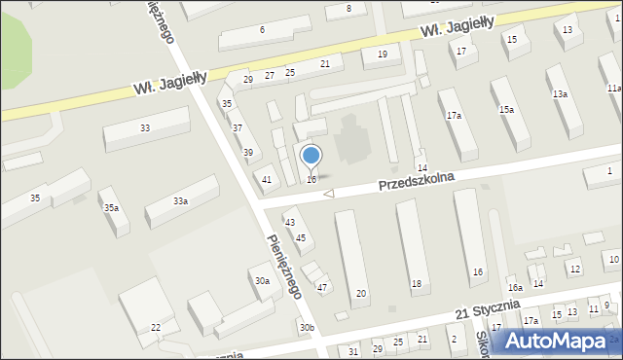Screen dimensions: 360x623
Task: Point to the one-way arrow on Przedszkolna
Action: tap(328, 194)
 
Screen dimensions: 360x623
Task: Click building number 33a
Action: tap(180, 201)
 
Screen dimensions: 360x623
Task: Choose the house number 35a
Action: tap(112, 208)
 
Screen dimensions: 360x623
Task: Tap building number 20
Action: tap(361, 293)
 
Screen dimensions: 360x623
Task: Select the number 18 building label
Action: tap(417, 283)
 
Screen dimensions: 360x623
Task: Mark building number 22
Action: tap(155, 328)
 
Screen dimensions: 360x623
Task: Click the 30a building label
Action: tap(262, 280)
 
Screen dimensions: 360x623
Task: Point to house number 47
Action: tap(322, 287)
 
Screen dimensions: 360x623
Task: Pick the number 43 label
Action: tap(290, 223)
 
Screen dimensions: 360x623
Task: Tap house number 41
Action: tap(267, 179)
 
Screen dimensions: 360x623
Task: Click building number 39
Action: tap(248, 152)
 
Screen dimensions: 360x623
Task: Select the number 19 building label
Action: tap(383, 54)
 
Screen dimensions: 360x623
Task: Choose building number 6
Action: tap(262, 30)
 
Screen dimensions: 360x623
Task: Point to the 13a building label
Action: tap(560, 93)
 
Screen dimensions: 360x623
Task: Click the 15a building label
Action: tap(506, 110)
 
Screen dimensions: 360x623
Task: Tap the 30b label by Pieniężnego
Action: tap(307, 328)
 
